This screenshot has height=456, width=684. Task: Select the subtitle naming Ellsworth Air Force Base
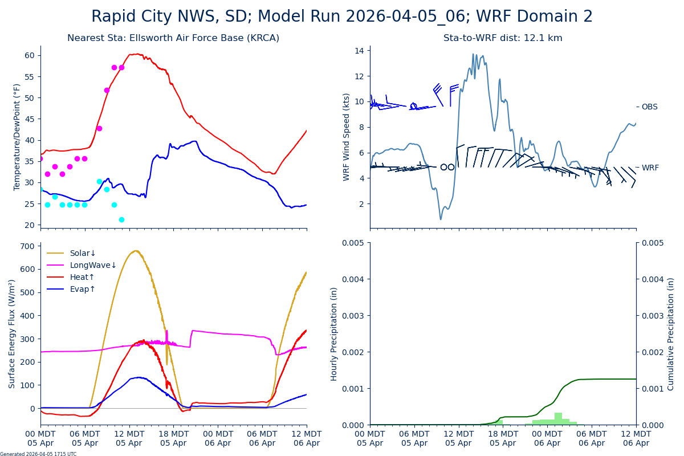tap(173, 38)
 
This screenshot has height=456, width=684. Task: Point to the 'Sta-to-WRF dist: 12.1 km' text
tap(503, 38)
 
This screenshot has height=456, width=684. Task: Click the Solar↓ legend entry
tap(83, 254)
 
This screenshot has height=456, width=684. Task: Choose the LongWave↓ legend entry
tap(93, 266)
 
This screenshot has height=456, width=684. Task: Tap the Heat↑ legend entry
tap(82, 278)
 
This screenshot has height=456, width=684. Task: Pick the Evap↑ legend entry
tap(83, 290)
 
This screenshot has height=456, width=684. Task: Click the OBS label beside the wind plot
tap(649, 107)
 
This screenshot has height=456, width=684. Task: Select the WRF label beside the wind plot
tap(650, 168)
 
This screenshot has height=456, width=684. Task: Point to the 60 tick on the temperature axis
tap(30, 55)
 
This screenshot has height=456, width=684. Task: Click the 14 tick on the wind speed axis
tap(360, 51)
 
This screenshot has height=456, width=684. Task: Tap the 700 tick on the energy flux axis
tap(26, 246)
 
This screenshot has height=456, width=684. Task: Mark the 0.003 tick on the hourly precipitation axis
tap(353, 316)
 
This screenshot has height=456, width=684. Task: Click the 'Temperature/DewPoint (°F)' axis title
tap(18, 137)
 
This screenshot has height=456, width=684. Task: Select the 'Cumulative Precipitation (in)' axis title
tap(671, 333)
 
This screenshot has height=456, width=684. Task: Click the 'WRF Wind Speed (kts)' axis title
tap(347, 137)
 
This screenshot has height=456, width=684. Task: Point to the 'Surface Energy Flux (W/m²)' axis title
tap(12, 333)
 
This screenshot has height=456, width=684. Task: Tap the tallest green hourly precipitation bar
tap(558, 419)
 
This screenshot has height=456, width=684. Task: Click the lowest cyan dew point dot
tap(121, 219)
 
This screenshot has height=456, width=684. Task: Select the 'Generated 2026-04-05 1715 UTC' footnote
tap(38, 454)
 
